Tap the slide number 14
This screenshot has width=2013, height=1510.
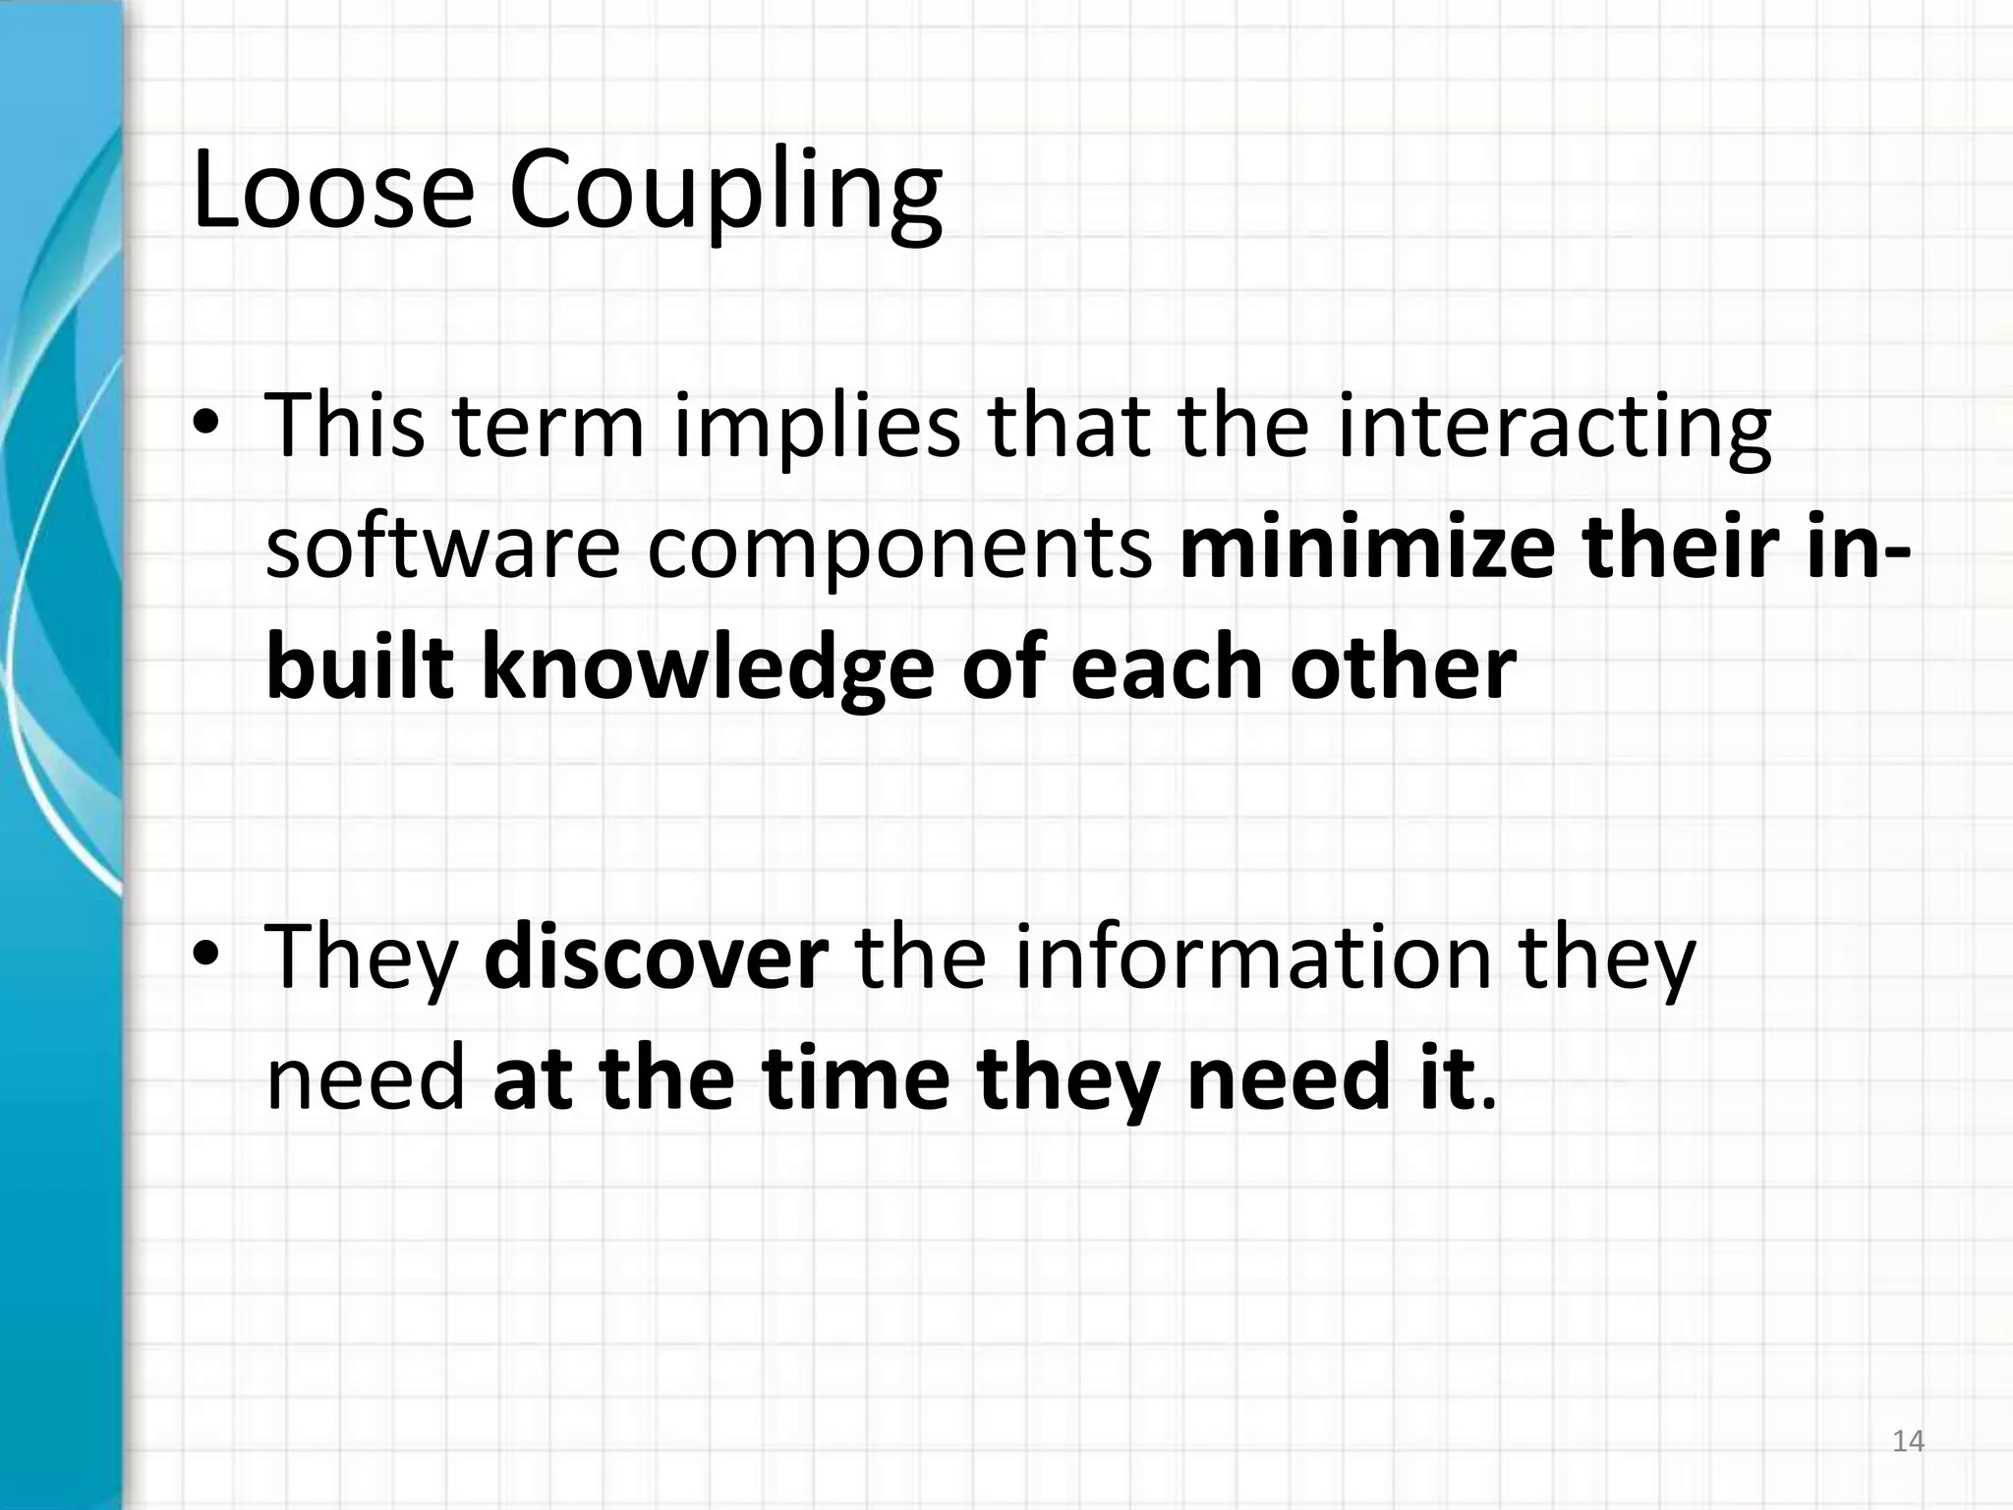[1908, 1442]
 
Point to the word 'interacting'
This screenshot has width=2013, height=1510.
[1555, 428]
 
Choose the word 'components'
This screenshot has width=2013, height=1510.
[899, 549]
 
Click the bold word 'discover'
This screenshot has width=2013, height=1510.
[657, 957]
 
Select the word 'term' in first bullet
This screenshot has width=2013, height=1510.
[548, 428]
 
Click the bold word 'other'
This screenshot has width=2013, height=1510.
[1403, 668]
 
